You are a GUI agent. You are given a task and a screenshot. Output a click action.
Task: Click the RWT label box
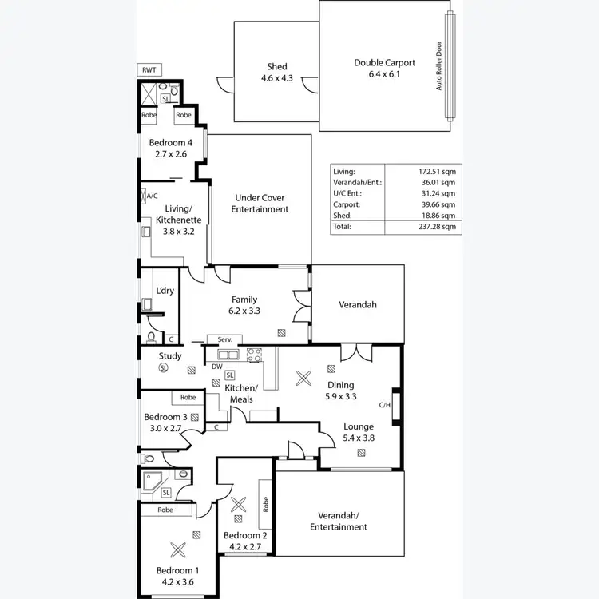pos(149,70)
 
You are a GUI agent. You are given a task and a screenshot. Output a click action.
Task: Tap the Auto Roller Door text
pos(438,65)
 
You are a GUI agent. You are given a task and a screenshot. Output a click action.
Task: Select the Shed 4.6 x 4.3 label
pos(276,72)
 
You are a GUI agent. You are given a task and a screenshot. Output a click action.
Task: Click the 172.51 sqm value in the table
pos(438,171)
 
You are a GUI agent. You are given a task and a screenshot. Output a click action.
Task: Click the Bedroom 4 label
pos(171,149)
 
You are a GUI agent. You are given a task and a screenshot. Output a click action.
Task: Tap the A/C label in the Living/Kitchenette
pos(152,194)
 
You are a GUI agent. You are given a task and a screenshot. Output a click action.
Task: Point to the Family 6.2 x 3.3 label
pos(244,305)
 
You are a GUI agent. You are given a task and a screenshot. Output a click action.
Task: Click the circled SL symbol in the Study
pos(164,368)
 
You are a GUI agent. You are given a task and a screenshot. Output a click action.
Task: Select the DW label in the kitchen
pos(217,367)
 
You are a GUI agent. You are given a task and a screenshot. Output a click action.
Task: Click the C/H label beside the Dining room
pos(384,405)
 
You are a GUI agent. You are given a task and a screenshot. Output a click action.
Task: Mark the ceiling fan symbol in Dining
pos(303,379)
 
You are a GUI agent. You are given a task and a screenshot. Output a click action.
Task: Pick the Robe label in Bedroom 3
pos(188,397)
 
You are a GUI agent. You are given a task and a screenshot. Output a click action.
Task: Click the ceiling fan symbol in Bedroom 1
pos(177,549)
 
